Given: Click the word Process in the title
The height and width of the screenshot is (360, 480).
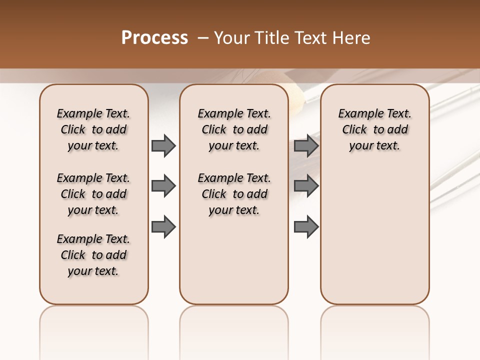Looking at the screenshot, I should (154, 38).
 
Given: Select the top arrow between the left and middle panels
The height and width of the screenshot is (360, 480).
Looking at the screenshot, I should (163, 146).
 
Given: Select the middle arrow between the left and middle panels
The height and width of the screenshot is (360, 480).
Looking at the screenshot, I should (163, 186).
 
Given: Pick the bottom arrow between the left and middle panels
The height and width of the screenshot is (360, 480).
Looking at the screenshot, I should (163, 227).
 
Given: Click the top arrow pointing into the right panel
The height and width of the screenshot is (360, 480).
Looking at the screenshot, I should (306, 146).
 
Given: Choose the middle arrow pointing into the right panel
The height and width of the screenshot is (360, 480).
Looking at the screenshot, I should (306, 186).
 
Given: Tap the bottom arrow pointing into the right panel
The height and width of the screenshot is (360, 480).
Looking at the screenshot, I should (306, 227).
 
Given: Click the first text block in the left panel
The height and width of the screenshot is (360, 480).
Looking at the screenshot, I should (93, 129).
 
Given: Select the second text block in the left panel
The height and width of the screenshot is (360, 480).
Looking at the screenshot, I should (93, 194).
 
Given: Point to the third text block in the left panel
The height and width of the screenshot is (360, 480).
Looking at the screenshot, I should (93, 255).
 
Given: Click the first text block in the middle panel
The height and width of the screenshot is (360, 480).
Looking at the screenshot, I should (234, 129).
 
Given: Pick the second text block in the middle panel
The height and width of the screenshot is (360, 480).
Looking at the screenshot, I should (234, 194).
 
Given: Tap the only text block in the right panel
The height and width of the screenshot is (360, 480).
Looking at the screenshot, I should (374, 129).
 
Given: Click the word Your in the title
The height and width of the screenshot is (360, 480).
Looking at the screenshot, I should (232, 38).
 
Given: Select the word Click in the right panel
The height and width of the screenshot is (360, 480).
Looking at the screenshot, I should (354, 130).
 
